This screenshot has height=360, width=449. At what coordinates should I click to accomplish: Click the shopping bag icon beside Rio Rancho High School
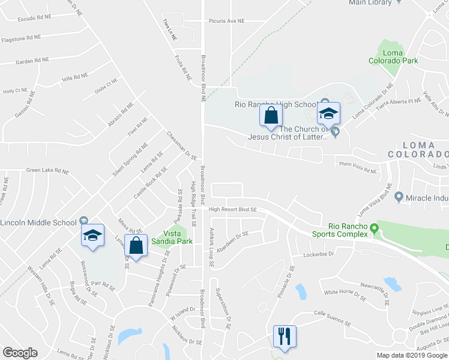point(270,115)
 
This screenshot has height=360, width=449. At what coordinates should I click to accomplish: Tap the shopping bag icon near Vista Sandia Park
point(136,246)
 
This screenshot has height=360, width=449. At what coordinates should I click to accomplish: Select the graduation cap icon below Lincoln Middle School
point(92,236)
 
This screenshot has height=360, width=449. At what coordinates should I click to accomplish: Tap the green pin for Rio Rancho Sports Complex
point(375,228)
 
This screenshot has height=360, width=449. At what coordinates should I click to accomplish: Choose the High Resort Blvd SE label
point(233,209)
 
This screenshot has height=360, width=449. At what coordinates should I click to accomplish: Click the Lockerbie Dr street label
point(318,254)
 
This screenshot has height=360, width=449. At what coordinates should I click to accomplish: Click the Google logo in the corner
point(20,353)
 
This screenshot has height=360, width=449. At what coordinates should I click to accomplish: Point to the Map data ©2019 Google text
point(411,355)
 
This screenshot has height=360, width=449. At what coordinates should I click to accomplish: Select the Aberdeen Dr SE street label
point(234,242)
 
